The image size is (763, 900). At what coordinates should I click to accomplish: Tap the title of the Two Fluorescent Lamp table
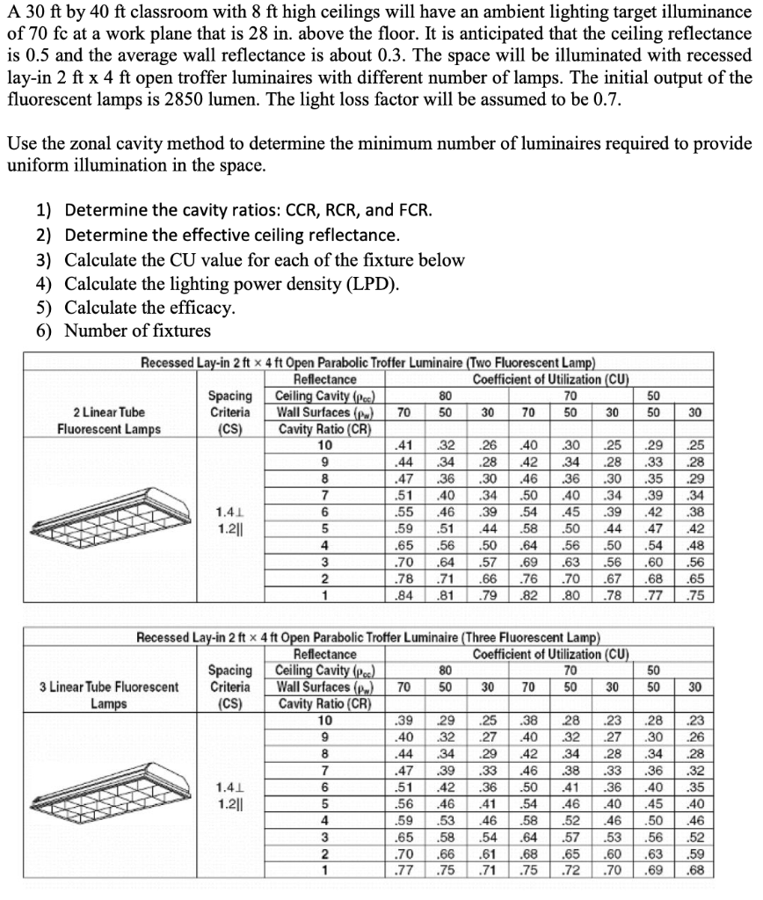368,362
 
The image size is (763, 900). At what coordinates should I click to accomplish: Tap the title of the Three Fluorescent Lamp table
368,636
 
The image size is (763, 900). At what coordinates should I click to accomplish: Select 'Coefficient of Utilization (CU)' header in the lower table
550,654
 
